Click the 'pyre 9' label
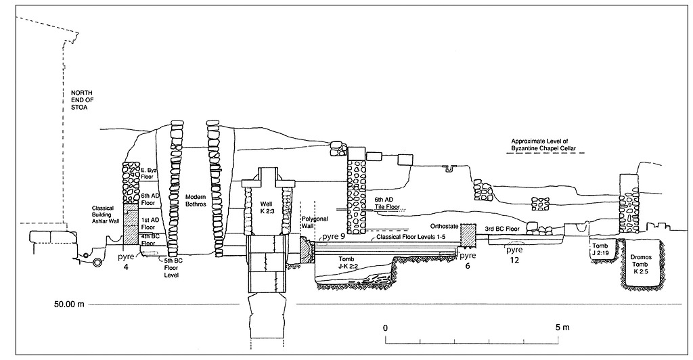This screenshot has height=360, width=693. click(333, 237)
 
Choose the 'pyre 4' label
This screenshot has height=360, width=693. click(126, 262)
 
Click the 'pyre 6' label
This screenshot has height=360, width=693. click(468, 261)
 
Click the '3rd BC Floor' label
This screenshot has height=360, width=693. click(502, 229)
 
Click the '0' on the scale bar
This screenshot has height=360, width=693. click(386, 328)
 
